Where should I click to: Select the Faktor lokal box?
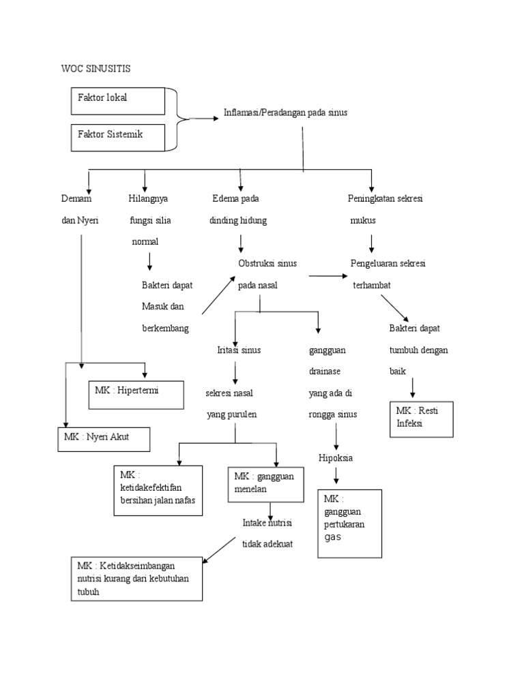[x=117, y=101]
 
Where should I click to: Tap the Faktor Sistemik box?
[x=117, y=137]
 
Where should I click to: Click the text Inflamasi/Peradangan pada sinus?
[x=285, y=112]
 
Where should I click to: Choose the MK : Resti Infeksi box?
[x=422, y=419]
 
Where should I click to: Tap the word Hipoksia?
[x=336, y=457]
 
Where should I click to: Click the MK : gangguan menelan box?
[x=265, y=484]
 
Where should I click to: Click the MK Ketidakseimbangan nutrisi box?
[x=136, y=578]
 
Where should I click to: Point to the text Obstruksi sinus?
[x=267, y=264]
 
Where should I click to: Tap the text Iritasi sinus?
[x=235, y=350]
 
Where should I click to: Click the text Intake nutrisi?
[x=267, y=523]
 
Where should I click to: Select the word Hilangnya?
[x=148, y=198]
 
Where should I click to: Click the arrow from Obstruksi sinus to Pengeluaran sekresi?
[x=327, y=276]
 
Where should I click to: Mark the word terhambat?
[x=372, y=286]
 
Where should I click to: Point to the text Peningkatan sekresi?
[x=385, y=198]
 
